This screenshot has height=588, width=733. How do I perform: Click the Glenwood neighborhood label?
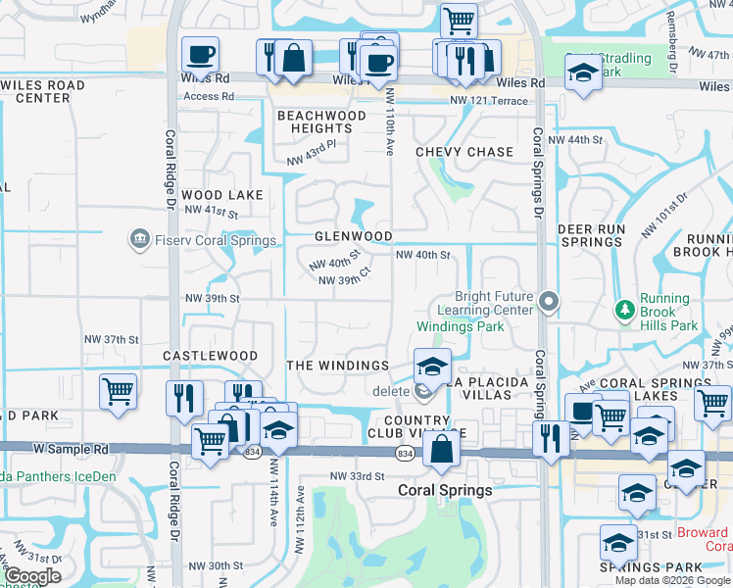(354, 236)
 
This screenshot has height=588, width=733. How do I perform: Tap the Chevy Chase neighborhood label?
(464, 152)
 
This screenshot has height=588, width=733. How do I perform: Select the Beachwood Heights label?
(321, 122)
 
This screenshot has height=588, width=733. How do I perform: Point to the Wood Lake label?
(222, 195)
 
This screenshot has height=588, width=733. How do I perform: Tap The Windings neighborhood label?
(338, 366)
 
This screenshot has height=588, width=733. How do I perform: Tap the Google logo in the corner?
(31, 576)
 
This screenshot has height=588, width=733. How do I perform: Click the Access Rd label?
(209, 96)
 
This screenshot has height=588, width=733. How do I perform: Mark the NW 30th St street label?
(216, 565)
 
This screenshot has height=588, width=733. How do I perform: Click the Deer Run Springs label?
(591, 235)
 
